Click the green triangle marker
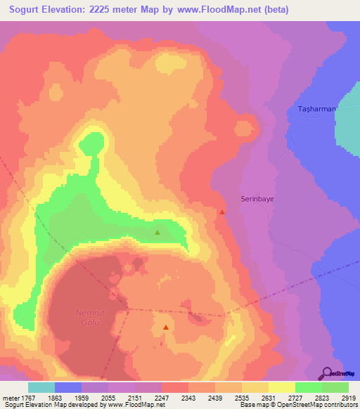click(157, 232)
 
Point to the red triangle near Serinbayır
click(222, 212)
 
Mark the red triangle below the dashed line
click(166, 327)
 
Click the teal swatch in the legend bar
click(41, 387)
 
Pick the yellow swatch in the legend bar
click(281, 387)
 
